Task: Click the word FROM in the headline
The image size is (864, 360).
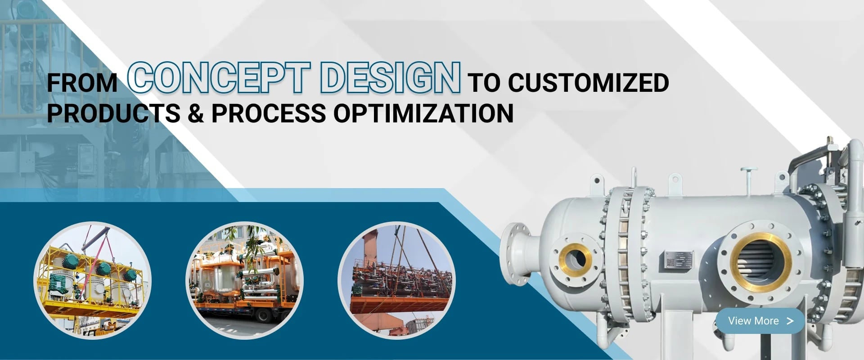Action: (x=82, y=83)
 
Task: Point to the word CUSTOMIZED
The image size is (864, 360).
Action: (x=588, y=83)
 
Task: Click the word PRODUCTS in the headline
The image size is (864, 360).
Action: (x=114, y=113)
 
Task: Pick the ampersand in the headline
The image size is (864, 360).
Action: (x=195, y=113)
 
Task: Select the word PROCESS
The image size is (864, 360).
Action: (x=269, y=113)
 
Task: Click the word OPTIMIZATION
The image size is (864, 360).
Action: (x=423, y=113)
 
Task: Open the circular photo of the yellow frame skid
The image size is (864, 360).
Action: (x=92, y=281)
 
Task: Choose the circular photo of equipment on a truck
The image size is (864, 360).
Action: (x=244, y=281)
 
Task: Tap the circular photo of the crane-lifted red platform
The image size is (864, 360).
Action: (x=396, y=281)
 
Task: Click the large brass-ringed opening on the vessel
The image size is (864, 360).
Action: (x=761, y=263)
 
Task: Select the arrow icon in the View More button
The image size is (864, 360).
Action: (x=790, y=321)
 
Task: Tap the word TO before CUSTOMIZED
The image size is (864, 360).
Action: (x=484, y=83)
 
